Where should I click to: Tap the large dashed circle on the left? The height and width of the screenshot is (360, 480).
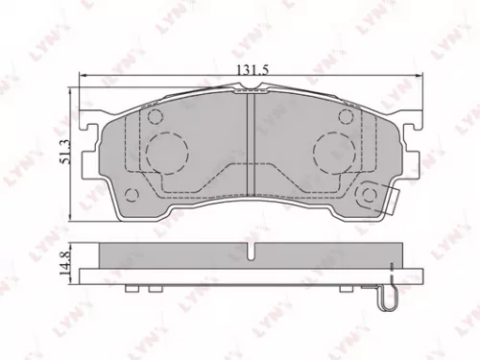tap(170, 150)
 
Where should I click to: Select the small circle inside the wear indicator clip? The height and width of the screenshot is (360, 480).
tap(368, 196)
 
